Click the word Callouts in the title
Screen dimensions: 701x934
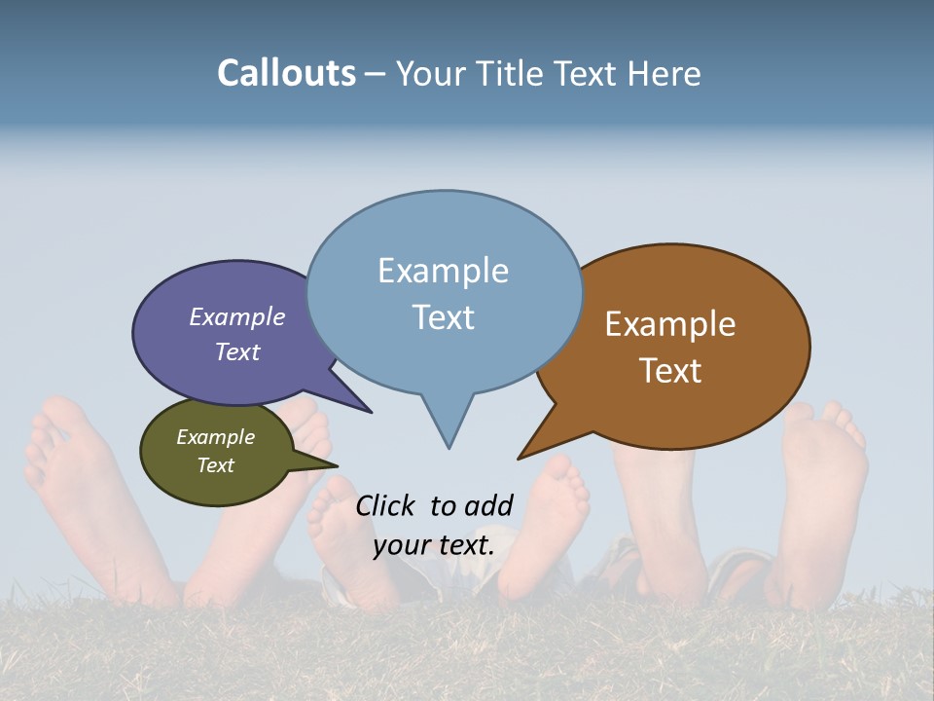(286, 73)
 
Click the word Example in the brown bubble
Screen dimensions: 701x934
(670, 324)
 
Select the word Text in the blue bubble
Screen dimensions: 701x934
(444, 317)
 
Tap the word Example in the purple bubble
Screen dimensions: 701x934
(236, 316)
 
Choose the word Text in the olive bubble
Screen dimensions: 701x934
(216, 465)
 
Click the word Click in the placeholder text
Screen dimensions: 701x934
(386, 505)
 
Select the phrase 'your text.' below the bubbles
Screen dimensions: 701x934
(434, 544)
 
